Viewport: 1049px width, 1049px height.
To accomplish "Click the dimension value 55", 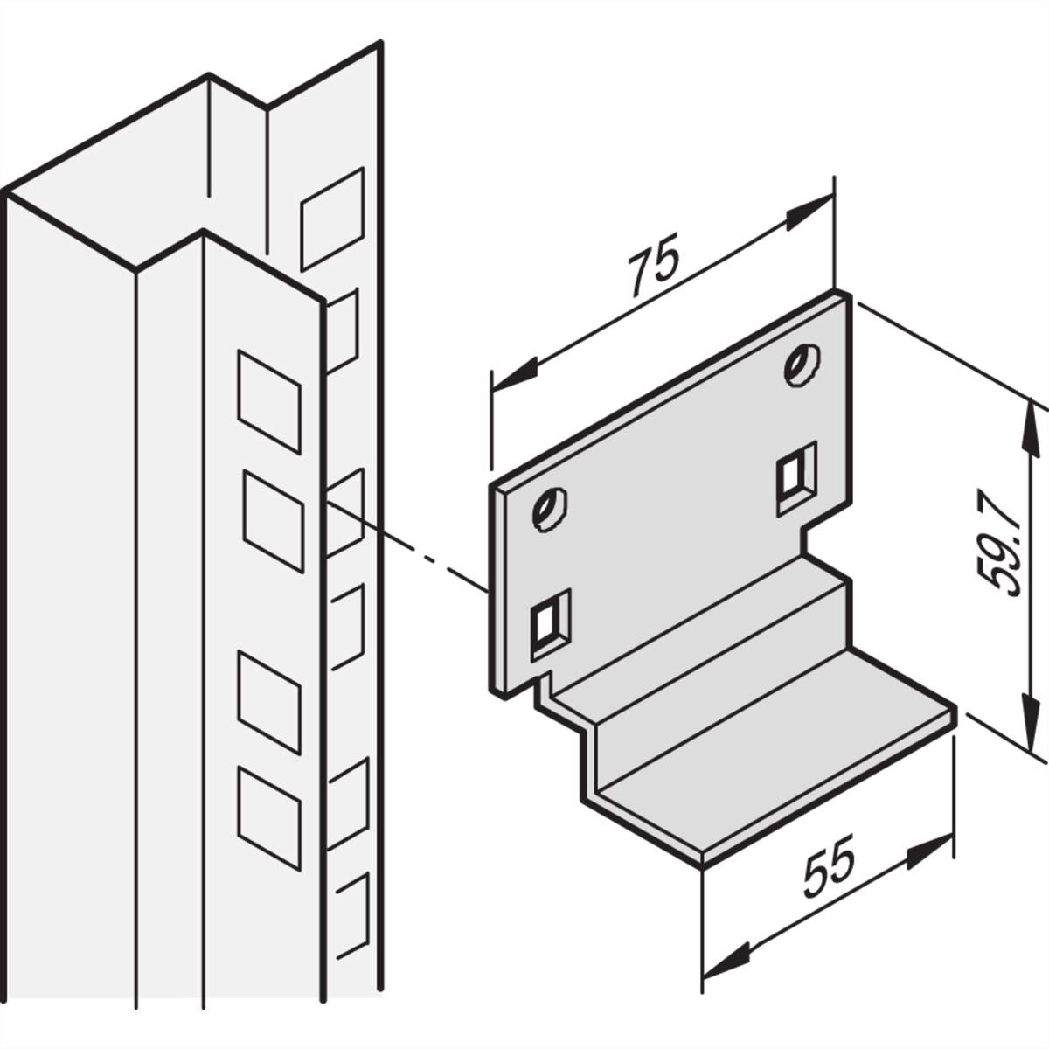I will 828,870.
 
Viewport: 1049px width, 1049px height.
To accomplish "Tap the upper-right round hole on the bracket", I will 801,364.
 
